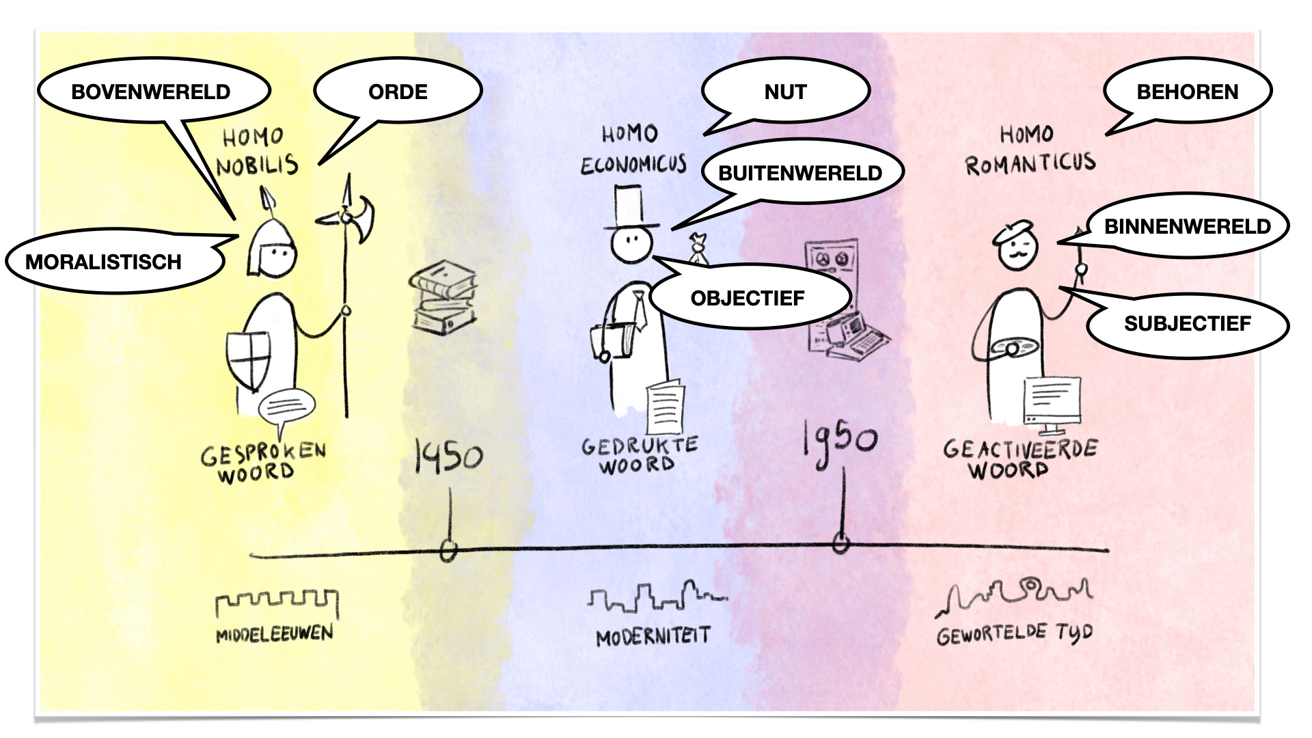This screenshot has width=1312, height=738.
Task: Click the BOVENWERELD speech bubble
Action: tap(152, 92)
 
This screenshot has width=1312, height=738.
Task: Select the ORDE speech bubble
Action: tap(398, 92)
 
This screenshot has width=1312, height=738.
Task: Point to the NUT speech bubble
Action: tap(786, 92)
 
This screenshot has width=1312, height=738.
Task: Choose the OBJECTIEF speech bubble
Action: tap(748, 299)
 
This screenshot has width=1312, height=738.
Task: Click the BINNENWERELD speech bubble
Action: tap(1187, 227)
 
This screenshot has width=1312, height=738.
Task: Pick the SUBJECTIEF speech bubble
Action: tap(1187, 324)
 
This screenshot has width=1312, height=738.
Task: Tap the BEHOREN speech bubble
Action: tap(1187, 92)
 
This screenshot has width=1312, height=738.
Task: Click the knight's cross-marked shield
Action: tap(249, 359)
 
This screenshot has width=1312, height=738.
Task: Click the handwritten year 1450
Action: tap(448, 456)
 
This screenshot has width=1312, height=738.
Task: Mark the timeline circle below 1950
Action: tap(841, 545)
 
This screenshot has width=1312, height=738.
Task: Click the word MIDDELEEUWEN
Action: tap(275, 634)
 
